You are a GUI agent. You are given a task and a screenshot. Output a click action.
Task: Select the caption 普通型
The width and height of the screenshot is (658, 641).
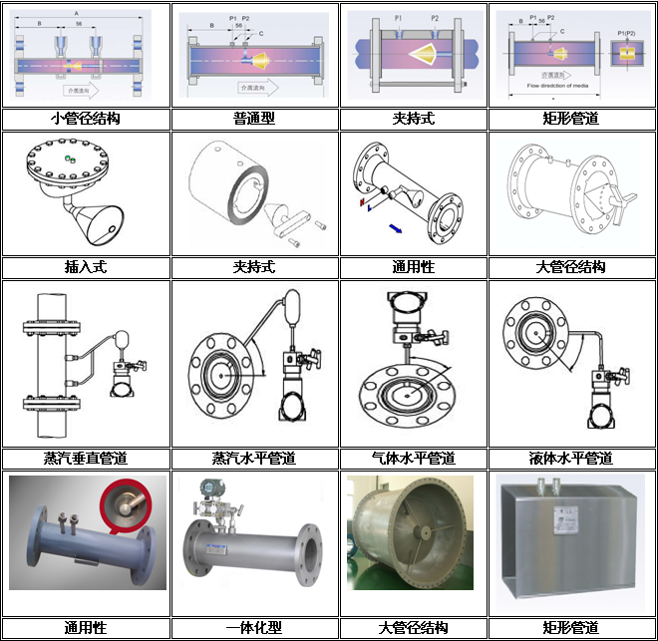(x=253, y=119)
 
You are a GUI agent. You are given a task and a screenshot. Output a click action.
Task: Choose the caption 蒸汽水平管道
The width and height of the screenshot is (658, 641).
(x=253, y=459)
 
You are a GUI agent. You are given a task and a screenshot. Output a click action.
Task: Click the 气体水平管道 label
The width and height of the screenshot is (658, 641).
(x=413, y=459)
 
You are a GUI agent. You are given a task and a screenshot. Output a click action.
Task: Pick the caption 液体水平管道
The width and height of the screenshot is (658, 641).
(x=571, y=459)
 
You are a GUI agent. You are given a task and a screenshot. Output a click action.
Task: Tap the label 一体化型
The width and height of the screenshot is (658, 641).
(x=253, y=628)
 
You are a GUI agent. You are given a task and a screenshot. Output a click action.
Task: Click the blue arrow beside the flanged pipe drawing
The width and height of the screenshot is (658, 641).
(x=396, y=230)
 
